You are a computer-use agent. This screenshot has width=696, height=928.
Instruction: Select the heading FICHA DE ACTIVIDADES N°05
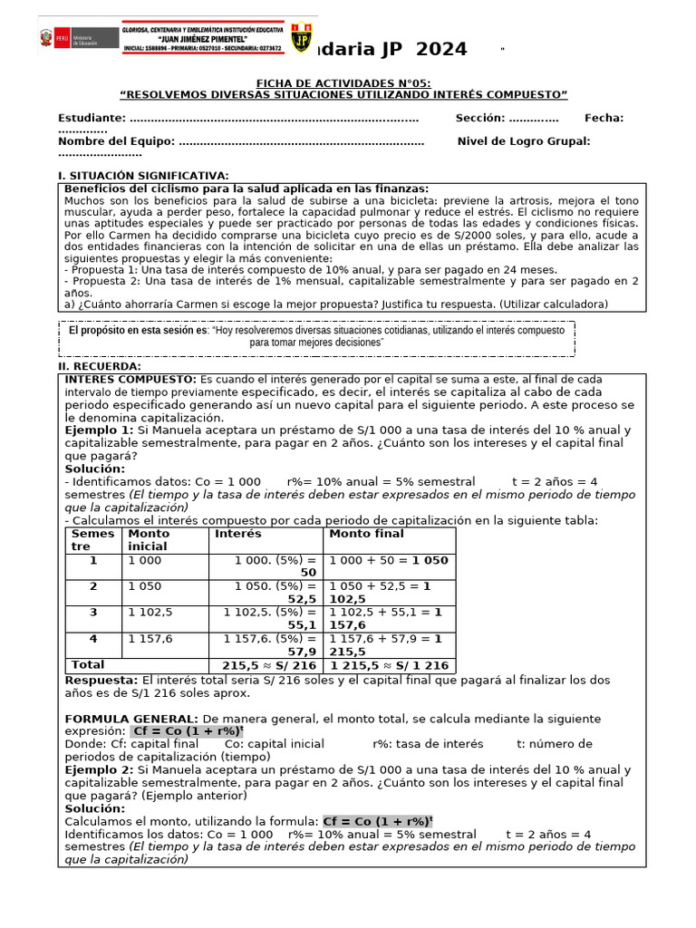343,82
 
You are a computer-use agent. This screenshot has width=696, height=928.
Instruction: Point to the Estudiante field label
91,118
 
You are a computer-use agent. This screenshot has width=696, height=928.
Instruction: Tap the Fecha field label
604,118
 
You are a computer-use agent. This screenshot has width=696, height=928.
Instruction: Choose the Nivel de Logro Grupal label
524,140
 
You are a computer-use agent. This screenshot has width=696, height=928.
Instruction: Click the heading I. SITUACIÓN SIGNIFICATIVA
143,175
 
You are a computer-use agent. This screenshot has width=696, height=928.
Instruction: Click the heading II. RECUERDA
101,365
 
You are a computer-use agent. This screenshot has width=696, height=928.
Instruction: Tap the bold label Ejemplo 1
99,430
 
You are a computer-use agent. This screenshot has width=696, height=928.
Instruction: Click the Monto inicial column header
149,540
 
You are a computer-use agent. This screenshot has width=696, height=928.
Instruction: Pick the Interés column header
237,534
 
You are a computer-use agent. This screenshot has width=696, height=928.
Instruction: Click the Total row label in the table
88,664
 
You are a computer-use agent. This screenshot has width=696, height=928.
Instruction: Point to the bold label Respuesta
101,680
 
